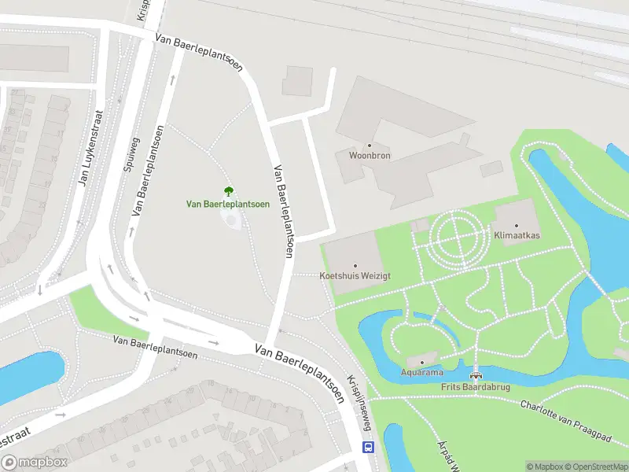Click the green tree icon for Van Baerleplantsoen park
228,190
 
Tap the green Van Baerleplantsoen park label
228,204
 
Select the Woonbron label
370,156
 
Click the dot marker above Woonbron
370,146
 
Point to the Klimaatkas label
516,235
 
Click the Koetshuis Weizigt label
355,276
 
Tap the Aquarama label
422,372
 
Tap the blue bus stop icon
367,447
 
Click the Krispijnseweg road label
362,402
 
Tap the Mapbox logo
35,463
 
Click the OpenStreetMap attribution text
594,466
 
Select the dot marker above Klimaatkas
517,226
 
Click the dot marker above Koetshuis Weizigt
355,266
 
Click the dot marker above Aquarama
422,363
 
